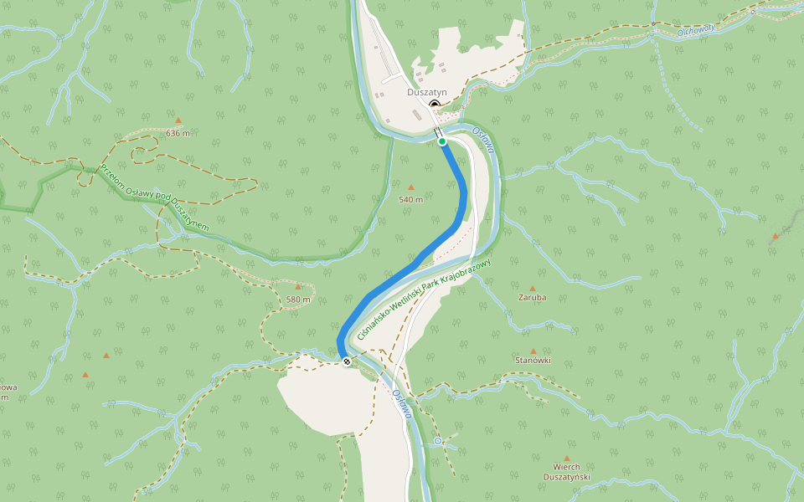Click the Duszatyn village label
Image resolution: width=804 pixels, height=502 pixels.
coord(427,92)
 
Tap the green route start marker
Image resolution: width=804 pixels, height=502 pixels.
coord(442,141)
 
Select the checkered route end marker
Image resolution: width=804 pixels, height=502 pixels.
coord(346,361)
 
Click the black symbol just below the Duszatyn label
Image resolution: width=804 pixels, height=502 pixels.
coord(434,104)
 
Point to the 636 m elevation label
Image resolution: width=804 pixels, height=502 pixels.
coord(178,133)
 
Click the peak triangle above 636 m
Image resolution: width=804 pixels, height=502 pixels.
coord(178,120)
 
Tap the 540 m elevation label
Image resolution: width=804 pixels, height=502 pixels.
coord(410,199)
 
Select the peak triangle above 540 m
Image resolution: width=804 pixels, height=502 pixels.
coord(410,187)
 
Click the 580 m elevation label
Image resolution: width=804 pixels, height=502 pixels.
coord(298,299)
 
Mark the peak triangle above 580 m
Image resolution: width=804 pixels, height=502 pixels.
coord(297,286)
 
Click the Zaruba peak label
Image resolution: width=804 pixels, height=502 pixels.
coord(532,297)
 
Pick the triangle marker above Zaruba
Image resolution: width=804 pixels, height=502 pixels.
coord(532,288)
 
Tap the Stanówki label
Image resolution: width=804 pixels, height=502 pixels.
coord(533,360)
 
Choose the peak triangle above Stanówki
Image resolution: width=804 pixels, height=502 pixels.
coord(533,351)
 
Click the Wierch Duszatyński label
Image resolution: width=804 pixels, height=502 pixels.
coord(567,472)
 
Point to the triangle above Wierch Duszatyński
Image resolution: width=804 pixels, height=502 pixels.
coord(567,458)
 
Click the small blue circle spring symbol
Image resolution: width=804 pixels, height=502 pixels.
coord(437,441)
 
